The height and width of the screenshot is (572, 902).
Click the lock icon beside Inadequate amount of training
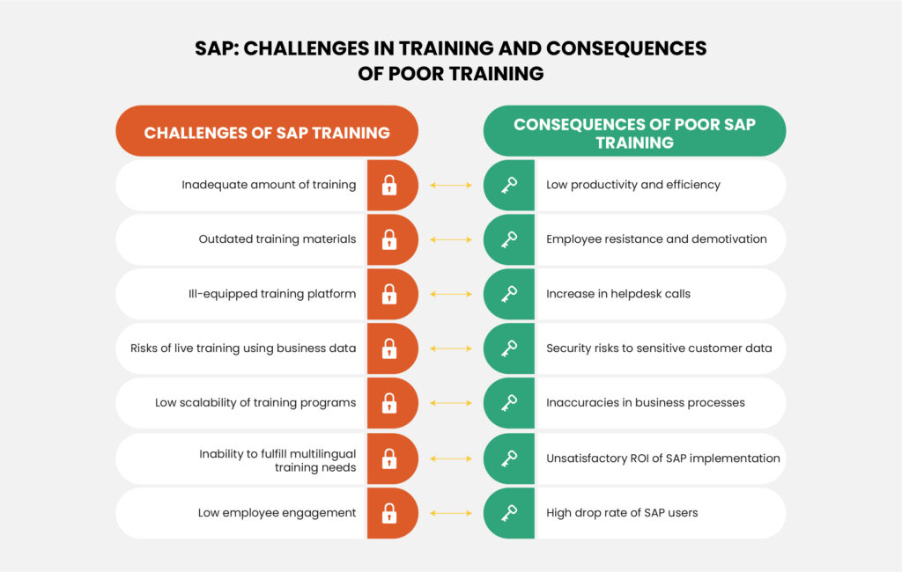coord(388,185)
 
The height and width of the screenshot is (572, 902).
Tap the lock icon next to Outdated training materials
coord(388,239)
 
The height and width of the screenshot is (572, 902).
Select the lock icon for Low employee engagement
coord(388,513)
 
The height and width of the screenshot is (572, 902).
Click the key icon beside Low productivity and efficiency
coord(509,185)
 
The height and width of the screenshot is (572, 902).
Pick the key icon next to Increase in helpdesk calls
coord(509,294)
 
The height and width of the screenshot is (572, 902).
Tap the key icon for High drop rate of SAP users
coord(509,513)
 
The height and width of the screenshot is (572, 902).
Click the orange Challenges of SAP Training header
coord(267,133)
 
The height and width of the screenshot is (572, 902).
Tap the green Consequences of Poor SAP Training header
coord(634,132)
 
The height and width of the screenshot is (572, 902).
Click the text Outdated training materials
coord(277,239)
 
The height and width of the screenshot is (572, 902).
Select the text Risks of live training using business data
coord(237,348)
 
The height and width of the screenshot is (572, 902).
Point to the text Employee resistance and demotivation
coord(656,239)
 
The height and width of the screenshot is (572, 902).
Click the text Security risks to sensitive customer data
coord(659,348)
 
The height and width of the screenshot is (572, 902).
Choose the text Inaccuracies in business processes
coord(646,403)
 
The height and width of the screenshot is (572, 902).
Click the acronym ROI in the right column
coord(644,458)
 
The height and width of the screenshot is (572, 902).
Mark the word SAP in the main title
coord(216,48)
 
